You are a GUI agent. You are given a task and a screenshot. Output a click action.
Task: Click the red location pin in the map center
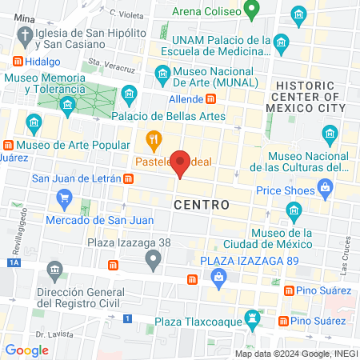pos(181,163)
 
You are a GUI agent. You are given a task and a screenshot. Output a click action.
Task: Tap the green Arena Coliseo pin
pos(251,10)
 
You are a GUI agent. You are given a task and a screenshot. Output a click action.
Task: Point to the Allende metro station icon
pos(211,99)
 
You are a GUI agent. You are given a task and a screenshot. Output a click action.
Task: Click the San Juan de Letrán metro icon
pos(128,178)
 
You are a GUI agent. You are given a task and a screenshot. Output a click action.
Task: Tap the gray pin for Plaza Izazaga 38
pos(153,258)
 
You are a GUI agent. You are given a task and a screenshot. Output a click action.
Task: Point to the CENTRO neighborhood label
pos(202,205)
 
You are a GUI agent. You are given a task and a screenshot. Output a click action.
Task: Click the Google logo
pos(26,350)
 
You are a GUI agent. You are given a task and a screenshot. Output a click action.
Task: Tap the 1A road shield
pos(12,262)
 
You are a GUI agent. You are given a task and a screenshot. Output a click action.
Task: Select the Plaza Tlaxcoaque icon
pos(253,319)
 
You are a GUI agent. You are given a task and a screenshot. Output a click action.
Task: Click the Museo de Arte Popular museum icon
pos(9,146)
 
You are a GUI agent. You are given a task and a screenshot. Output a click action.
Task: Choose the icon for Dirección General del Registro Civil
pos(54,268)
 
